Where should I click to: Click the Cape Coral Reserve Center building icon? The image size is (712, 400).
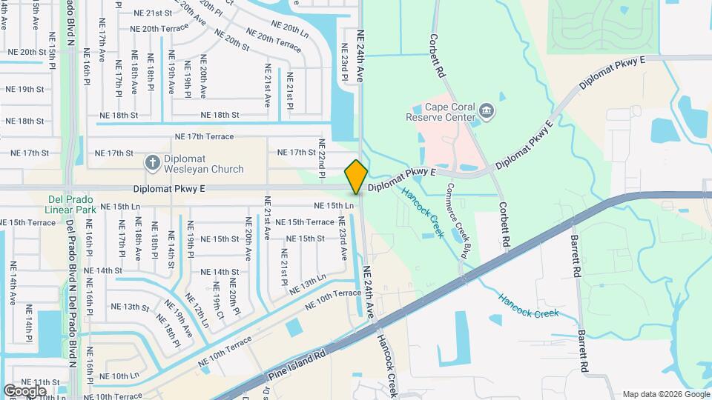tap(487, 112)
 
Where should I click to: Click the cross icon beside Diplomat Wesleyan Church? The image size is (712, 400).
tap(152, 161)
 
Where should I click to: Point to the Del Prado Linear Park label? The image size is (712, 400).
tap(72, 205)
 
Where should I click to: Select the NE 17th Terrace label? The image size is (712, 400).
tap(204, 137)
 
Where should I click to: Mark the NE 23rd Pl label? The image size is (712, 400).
tap(344, 62)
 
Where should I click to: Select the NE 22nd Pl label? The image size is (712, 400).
tap(323, 159)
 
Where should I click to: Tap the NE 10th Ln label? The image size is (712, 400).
tap(119, 376)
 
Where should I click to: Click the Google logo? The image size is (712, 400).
tap(25, 390)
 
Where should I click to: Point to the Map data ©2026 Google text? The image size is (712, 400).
tap(664, 394)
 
